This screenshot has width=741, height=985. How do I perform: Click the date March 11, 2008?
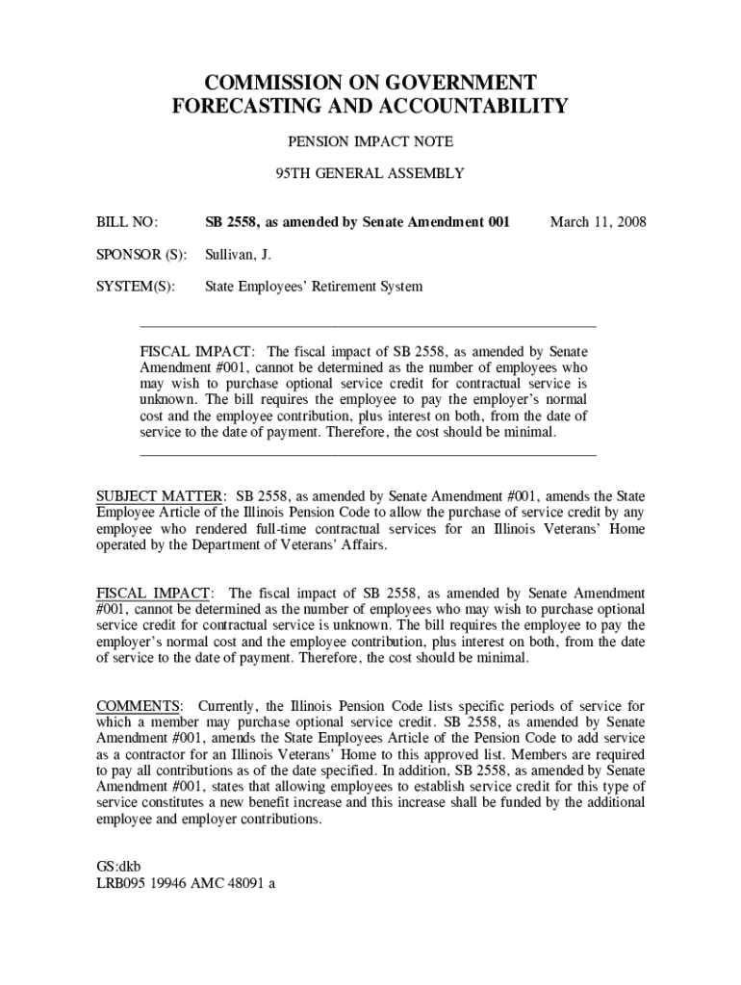pyautogui.click(x=598, y=222)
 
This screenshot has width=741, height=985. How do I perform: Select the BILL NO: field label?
pyautogui.click(x=126, y=222)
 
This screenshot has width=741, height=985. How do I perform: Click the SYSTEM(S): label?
pyautogui.click(x=135, y=287)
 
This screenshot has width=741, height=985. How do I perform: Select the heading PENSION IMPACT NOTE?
pyautogui.click(x=370, y=141)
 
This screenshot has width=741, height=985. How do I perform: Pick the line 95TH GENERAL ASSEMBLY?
pyautogui.click(x=370, y=173)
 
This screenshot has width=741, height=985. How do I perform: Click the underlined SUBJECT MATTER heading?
pyautogui.click(x=161, y=495)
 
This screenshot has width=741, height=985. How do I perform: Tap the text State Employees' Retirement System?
pyautogui.click(x=314, y=287)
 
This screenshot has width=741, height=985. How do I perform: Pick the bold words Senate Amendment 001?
pyautogui.click(x=436, y=222)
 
